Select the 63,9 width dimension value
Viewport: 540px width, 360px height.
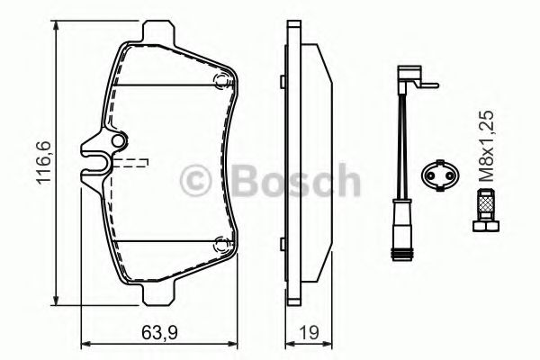pyautogui.click(x=159, y=333)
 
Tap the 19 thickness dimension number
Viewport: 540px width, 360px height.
pyautogui.click(x=309, y=333)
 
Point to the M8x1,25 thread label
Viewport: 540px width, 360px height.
pyautogui.click(x=487, y=146)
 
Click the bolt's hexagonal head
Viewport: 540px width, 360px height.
pyautogui.click(x=486, y=226)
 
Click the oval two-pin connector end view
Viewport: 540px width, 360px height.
pyautogui.click(x=440, y=175)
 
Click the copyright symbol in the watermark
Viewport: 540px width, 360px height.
pyautogui.click(x=195, y=181)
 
